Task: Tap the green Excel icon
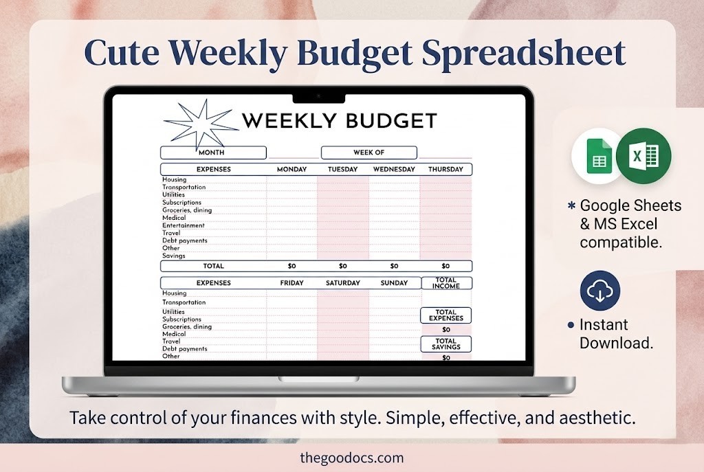coord(643,156)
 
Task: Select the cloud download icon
coord(600,291)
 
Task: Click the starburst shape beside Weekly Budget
coord(197,124)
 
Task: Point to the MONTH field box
coord(212,153)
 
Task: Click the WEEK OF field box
coord(368,153)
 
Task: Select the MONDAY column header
coord(291,169)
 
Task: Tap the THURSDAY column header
coord(445,169)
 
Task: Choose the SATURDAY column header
coord(342,282)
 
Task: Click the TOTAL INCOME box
coord(445,283)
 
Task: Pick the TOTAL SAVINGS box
coord(445,344)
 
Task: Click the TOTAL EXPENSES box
coord(445,315)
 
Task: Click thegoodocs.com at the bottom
coord(352,457)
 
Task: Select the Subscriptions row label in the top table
coord(182,203)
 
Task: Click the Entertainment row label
coord(184,225)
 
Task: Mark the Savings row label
coord(174,256)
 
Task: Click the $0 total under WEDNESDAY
coord(394,266)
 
